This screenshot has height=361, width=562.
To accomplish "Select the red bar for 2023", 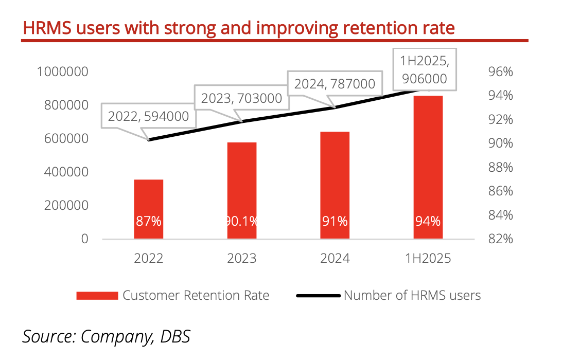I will click(242, 185).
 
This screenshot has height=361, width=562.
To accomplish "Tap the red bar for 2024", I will click(335, 180).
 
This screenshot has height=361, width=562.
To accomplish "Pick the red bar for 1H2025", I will click(428, 154).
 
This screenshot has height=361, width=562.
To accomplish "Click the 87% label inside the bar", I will click(149, 222).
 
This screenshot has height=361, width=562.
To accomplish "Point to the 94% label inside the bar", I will click(428, 222).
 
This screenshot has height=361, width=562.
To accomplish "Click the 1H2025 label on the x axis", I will click(428, 258).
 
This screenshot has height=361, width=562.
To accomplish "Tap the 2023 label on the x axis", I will click(242, 258).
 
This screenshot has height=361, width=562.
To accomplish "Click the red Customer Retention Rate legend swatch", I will click(97, 296).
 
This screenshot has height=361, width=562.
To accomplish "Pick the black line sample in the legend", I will click(319, 296).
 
